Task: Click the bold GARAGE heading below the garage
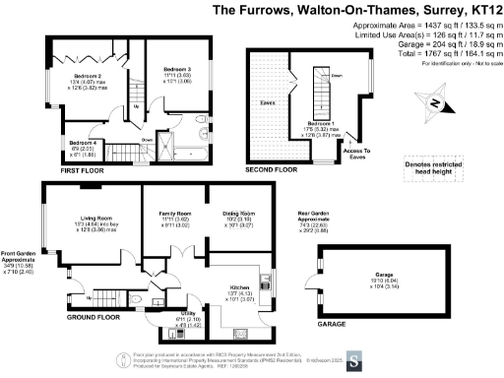(334, 322)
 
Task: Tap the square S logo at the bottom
(355, 358)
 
